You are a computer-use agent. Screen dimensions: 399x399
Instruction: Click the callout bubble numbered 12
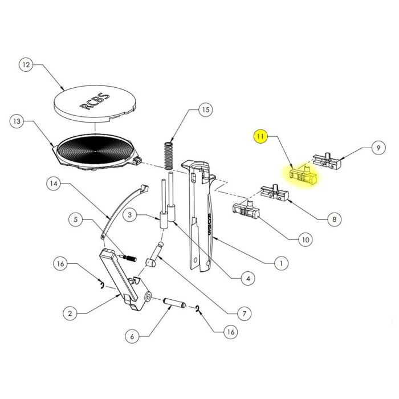pos(26,65)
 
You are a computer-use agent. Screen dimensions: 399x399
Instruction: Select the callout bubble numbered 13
pos(18,121)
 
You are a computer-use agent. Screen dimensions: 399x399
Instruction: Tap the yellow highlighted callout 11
pos(260,137)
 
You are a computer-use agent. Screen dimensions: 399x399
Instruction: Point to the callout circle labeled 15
pos(206,110)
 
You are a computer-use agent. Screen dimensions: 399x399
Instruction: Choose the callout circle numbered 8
pos(334,218)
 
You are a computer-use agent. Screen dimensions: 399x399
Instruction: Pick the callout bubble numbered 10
pos(305,240)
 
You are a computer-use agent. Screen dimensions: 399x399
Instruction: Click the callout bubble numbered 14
pos(54,184)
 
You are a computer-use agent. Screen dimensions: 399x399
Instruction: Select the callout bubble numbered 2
pos(70,313)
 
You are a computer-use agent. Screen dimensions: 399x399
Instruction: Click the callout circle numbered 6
pos(132,336)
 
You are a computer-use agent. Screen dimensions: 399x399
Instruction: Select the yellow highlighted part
pos(302,175)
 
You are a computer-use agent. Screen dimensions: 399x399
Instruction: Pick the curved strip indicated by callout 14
pos(123,207)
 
